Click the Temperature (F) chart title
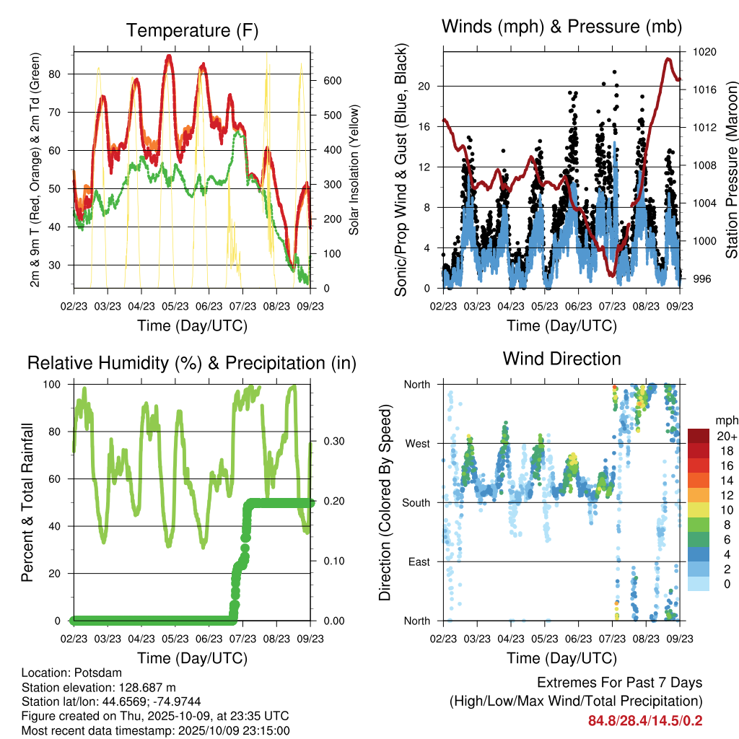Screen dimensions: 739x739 [191, 30]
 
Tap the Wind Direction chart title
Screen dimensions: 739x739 [561, 359]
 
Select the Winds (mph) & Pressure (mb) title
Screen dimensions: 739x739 [561, 27]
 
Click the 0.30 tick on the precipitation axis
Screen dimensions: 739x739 [332, 441]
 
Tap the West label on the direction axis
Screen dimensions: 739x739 [416, 443]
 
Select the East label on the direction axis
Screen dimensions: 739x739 [418, 561]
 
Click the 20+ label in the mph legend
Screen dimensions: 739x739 [724, 436]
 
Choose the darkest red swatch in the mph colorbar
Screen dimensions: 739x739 [699, 436]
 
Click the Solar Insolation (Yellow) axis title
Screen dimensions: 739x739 [354, 170]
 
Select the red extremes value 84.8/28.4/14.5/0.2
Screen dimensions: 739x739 [644, 721]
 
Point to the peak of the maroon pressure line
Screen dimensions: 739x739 [668, 58]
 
